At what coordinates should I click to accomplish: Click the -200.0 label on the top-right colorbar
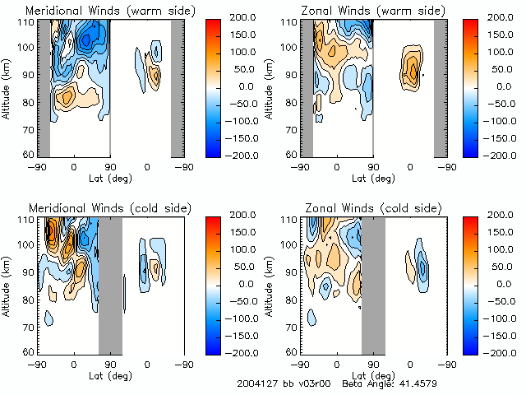[504, 155]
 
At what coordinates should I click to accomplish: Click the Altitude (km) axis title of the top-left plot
[7, 86]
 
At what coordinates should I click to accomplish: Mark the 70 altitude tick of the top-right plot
[293, 128]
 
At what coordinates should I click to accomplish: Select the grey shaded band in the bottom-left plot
[110, 284]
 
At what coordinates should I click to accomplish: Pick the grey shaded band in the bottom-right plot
[373, 284]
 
